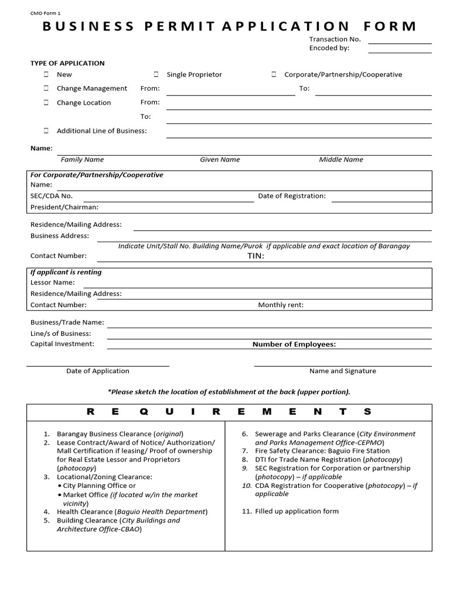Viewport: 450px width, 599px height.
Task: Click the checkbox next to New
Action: [46, 75]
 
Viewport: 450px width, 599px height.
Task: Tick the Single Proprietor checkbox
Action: [156, 75]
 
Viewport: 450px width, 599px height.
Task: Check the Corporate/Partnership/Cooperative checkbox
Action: [274, 75]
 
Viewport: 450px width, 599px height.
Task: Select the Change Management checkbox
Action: [46, 88]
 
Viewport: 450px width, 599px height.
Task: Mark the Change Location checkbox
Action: [46, 102]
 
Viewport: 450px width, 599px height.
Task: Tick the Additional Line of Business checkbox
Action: [46, 131]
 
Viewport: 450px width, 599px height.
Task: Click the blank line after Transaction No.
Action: [400, 43]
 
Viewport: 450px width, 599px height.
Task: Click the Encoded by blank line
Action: [400, 51]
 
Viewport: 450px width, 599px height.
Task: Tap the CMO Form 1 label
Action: [46, 12]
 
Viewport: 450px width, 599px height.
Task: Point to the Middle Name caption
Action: [341, 160]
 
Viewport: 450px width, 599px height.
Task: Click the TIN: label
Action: [256, 256]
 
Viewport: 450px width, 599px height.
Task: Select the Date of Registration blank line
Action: [381, 201]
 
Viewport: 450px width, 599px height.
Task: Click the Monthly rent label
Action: [281, 305]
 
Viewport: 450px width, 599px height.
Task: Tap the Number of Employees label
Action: [294, 345]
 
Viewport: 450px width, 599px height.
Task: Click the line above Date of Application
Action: [98, 366]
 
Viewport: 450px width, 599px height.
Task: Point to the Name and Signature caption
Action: [343, 371]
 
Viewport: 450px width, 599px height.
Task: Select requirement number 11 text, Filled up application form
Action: [296, 511]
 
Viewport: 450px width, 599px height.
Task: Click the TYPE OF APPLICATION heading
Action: [67, 63]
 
